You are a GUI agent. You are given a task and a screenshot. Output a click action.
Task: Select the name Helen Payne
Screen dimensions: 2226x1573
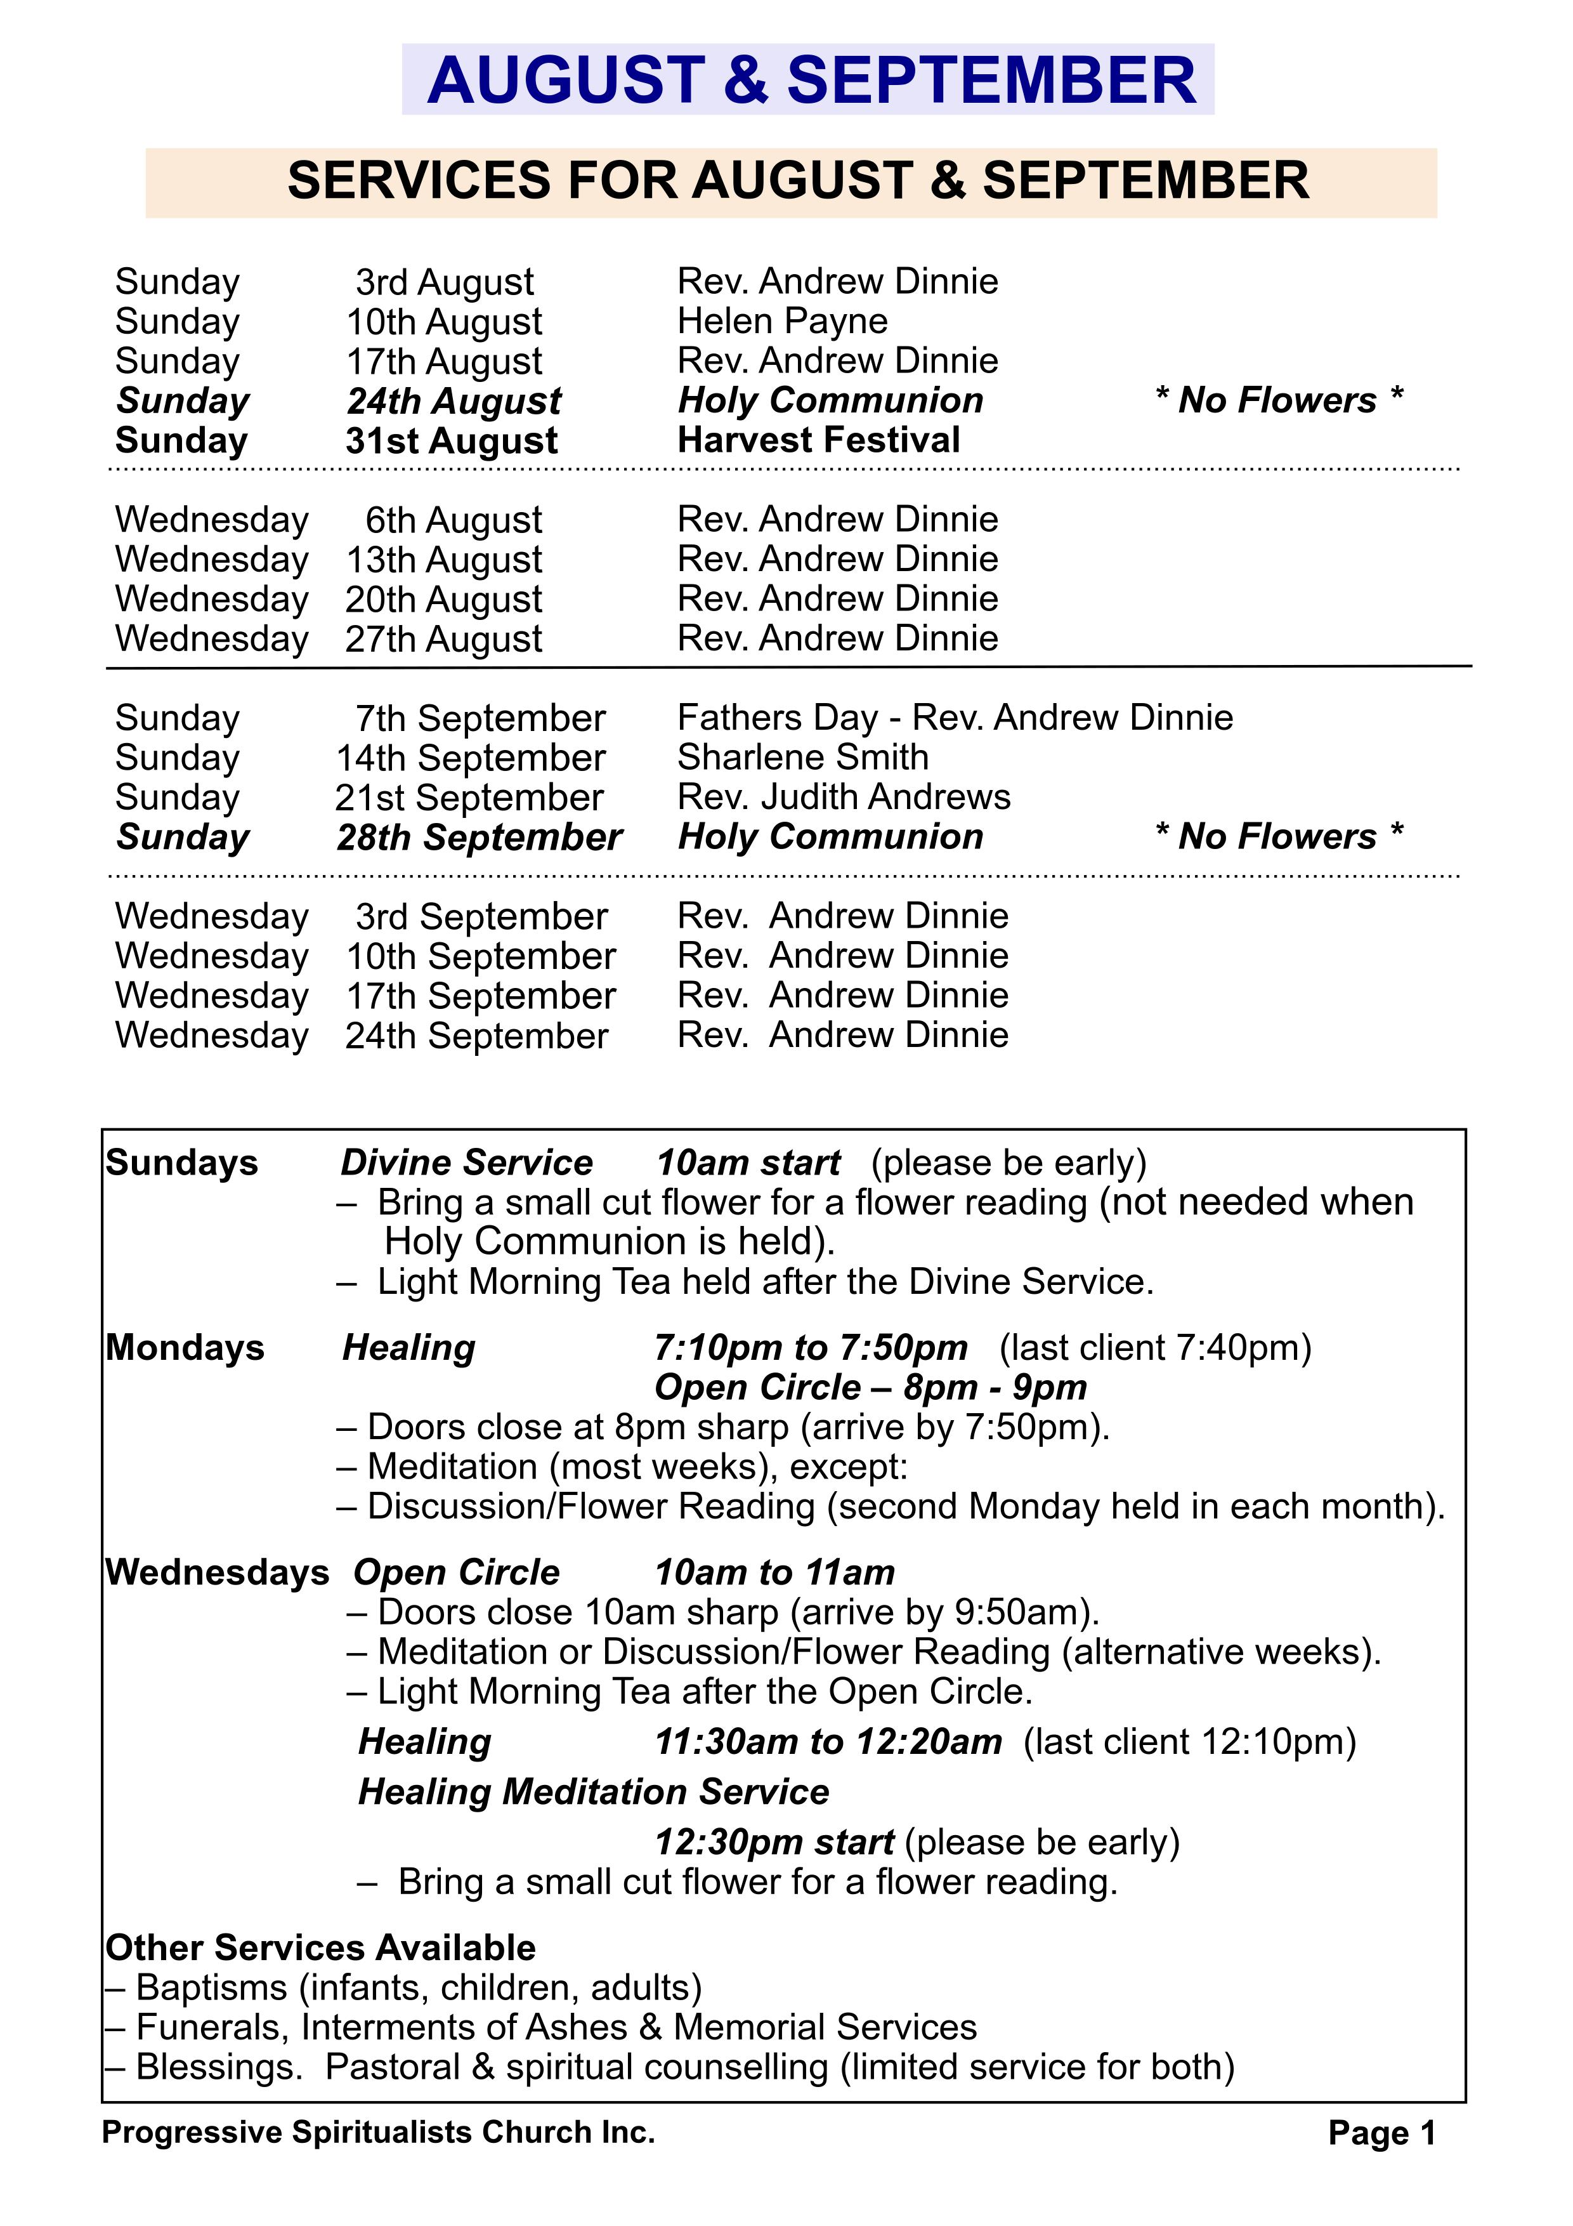(782, 321)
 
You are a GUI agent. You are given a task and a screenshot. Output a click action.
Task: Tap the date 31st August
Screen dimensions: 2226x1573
(452, 441)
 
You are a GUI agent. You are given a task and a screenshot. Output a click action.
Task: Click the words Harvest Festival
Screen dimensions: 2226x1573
(819, 440)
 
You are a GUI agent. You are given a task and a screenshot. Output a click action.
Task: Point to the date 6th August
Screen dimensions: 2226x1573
(454, 520)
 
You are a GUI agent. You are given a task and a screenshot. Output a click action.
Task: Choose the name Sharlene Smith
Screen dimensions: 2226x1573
(802, 757)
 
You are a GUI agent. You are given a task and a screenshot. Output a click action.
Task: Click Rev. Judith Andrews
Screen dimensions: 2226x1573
(843, 797)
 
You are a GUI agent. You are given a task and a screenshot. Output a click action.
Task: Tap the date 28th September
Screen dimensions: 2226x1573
(479, 838)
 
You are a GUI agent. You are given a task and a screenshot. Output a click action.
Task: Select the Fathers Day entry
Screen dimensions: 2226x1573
(955, 718)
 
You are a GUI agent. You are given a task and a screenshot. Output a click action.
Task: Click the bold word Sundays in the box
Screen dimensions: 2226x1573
(182, 1162)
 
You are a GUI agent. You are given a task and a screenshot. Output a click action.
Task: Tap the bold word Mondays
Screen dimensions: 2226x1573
(185, 1348)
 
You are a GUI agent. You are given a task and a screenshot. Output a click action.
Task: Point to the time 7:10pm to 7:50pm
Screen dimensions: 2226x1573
(810, 1348)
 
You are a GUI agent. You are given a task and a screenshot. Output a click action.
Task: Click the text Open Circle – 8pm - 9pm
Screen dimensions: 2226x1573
(870, 1387)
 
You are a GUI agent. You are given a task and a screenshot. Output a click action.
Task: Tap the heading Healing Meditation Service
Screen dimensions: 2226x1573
(593, 1793)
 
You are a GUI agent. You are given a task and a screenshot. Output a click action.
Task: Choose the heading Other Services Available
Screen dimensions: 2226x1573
(321, 1949)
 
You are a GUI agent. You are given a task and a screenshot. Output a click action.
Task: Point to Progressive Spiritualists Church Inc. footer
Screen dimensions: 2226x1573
(378, 2132)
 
